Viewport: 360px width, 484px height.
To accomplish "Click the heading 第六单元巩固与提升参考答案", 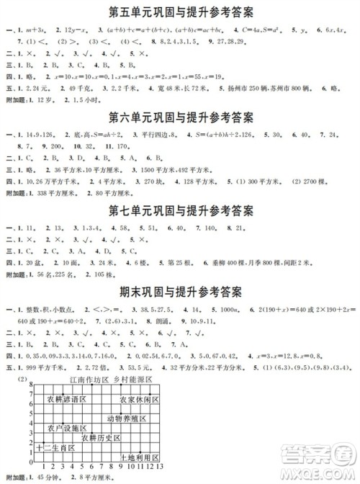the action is [181, 117].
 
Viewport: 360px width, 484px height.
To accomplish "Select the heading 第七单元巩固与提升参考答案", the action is [181, 210].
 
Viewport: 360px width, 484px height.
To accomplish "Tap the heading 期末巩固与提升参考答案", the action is [181, 292].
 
